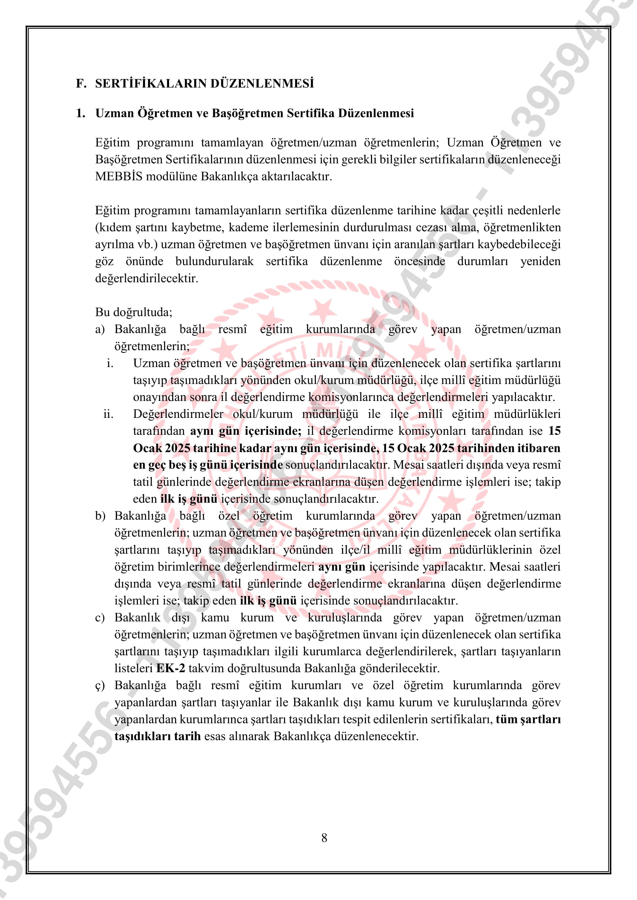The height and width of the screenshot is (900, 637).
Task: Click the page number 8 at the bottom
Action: click(x=324, y=838)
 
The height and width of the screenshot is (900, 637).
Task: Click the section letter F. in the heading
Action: click(x=81, y=83)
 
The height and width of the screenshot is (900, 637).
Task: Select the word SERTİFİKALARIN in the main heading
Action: click(x=151, y=83)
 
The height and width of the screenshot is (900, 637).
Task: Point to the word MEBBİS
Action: click(x=119, y=176)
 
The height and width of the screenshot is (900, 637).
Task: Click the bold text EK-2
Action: click(x=170, y=668)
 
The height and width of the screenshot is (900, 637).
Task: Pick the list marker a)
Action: click(x=100, y=329)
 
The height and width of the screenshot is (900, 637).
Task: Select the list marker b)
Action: click(x=101, y=516)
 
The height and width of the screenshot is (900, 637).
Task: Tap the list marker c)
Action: click(x=100, y=617)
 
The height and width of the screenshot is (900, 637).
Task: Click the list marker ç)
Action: click(x=100, y=685)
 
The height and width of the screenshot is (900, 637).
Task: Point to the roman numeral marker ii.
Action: click(x=108, y=414)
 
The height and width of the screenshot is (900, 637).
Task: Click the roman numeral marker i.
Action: click(x=110, y=363)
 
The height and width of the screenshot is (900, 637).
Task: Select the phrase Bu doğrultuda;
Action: click(x=133, y=312)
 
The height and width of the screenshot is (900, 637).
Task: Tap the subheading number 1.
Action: click(x=80, y=113)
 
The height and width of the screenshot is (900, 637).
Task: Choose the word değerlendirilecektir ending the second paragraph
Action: click(x=146, y=278)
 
